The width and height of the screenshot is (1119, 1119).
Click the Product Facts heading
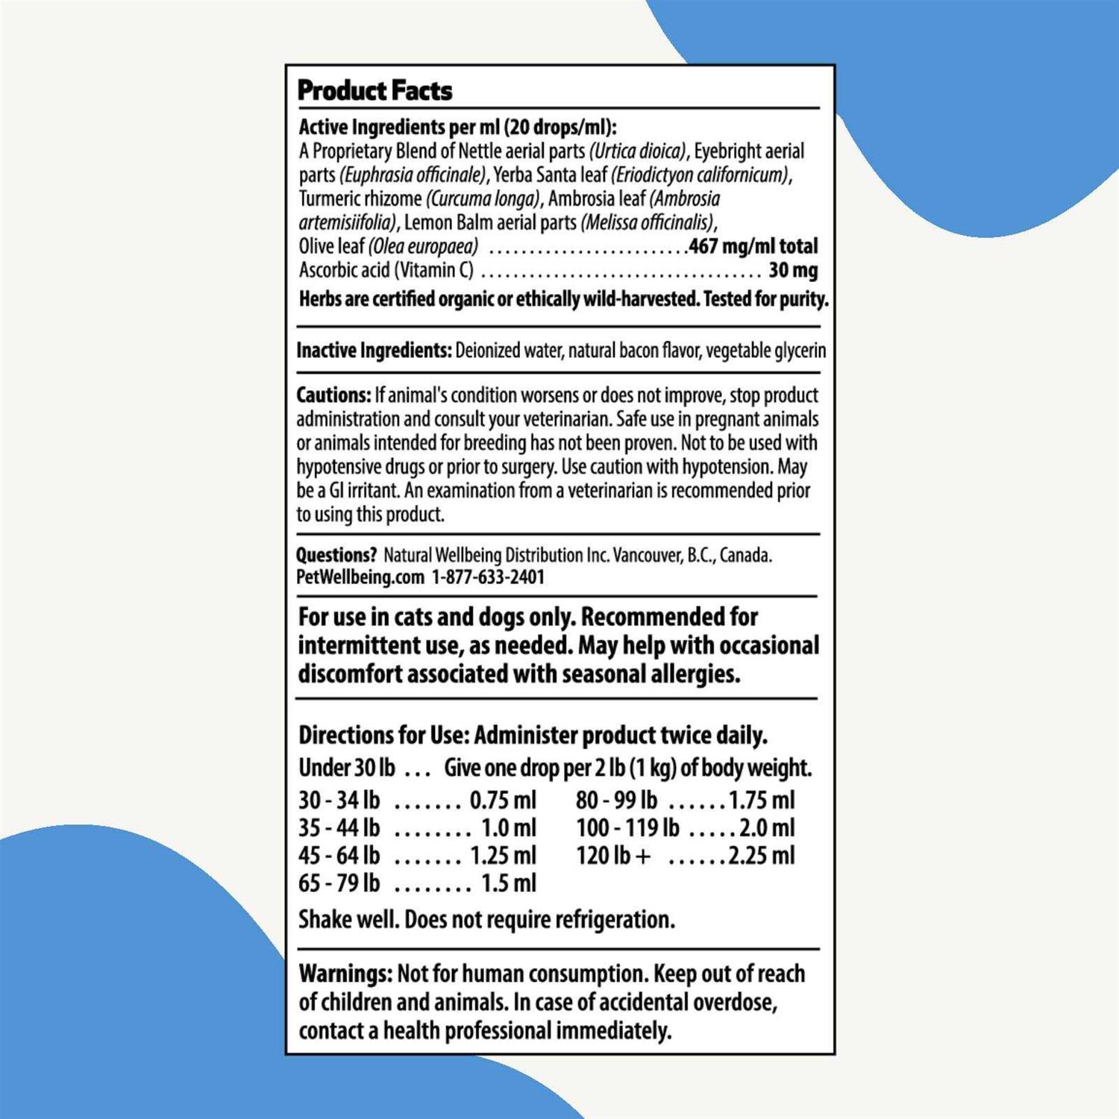click(374, 91)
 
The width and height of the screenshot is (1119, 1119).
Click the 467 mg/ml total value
click(753, 246)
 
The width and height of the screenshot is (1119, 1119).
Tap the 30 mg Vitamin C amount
click(793, 270)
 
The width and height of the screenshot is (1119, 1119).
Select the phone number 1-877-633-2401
click(488, 577)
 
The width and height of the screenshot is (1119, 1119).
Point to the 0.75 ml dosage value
click(503, 800)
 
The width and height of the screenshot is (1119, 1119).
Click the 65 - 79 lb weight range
click(339, 883)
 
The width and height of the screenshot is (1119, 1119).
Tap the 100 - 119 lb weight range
click(627, 828)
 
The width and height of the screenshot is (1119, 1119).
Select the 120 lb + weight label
click(612, 856)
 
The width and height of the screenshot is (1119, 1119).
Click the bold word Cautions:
click(333, 395)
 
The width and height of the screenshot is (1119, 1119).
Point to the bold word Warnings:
click(345, 974)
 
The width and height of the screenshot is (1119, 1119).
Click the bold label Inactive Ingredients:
click(374, 351)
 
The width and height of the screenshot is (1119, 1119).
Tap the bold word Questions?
click(336, 555)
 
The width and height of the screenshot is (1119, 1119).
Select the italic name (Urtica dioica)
click(638, 151)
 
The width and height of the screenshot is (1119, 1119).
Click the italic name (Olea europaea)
click(423, 246)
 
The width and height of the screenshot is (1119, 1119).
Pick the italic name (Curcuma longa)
click(483, 199)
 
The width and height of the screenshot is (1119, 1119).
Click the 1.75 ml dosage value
click(762, 800)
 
